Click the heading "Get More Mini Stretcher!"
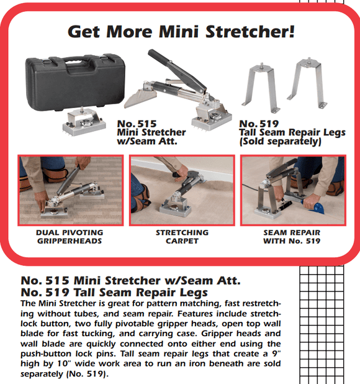pyautogui.click(x=180, y=31)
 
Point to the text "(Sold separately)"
pyautogui.click(x=279, y=142)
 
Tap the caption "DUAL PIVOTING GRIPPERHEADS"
pyautogui.click(x=69, y=237)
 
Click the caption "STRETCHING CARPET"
pyautogui.click(x=181, y=237)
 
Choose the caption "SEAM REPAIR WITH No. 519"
pyautogui.click(x=292, y=237)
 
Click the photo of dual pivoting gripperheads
pyautogui.click(x=69, y=189)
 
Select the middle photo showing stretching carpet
pyautogui.click(x=181, y=189)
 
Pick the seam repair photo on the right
pyautogui.click(x=292, y=189)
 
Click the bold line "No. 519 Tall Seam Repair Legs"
pyautogui.click(x=114, y=291)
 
